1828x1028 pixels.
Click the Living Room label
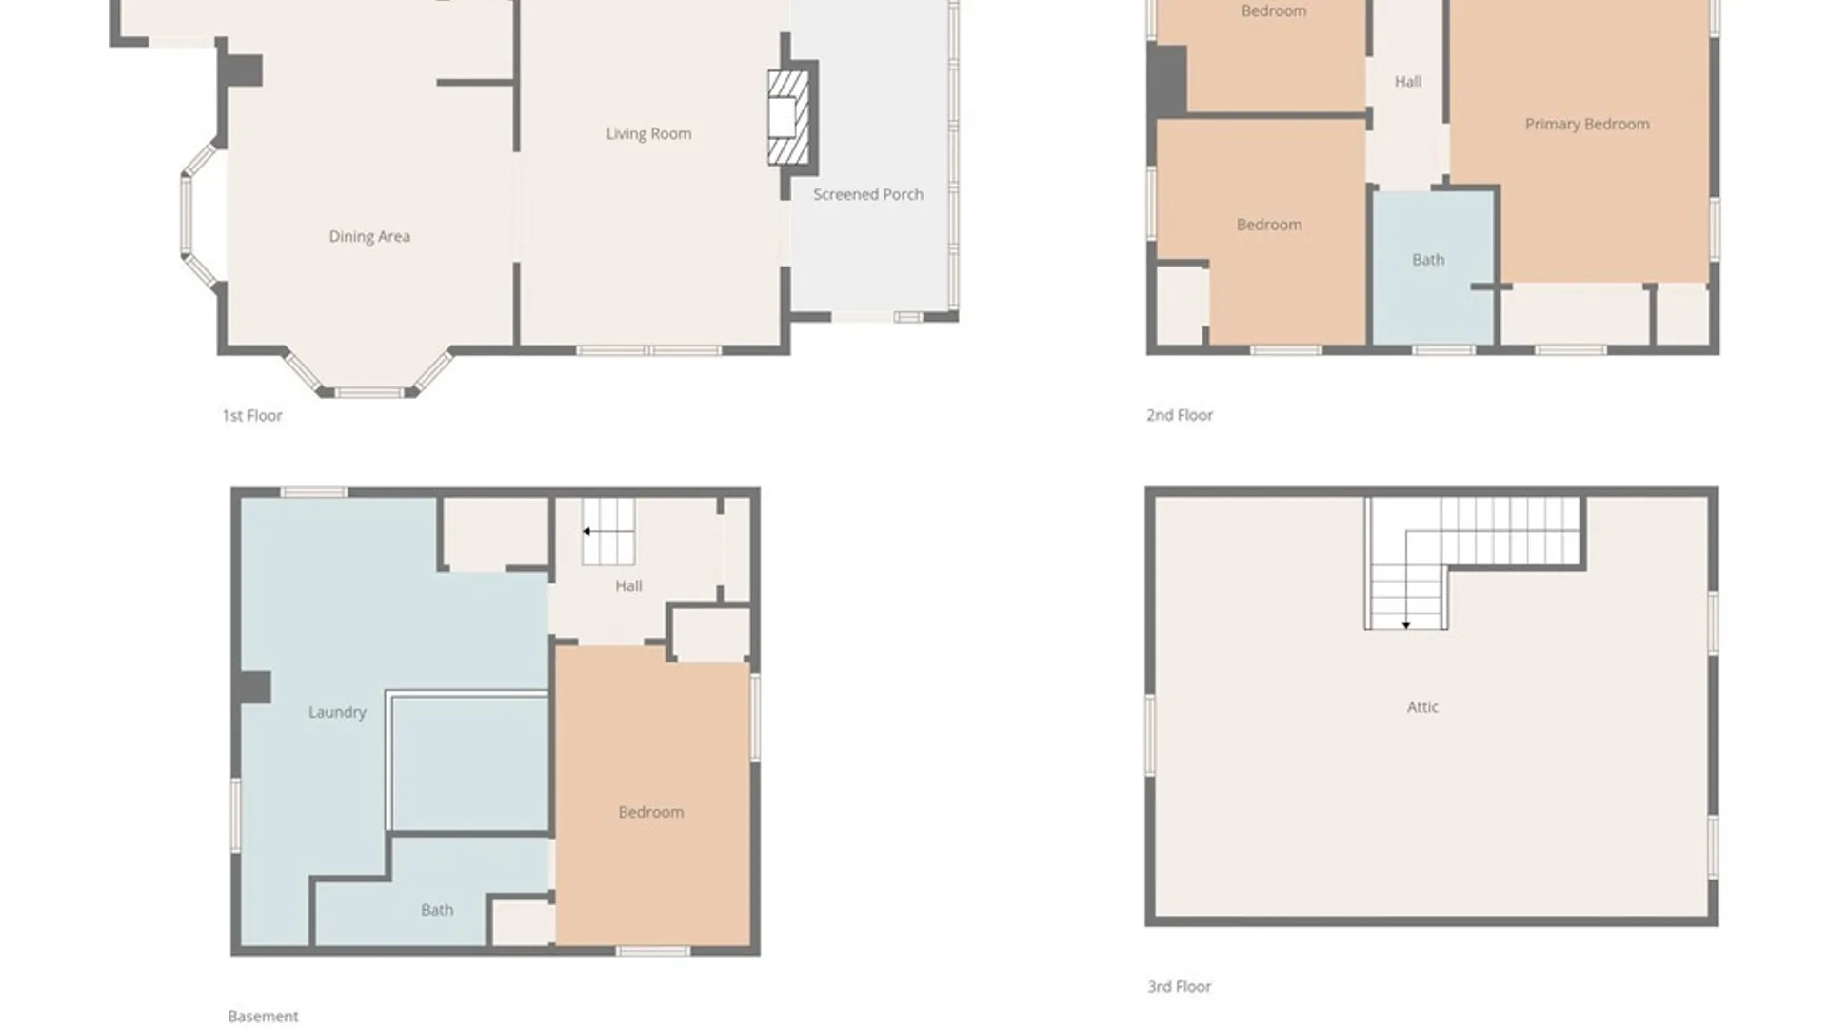(648, 134)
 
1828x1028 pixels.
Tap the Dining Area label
(369, 237)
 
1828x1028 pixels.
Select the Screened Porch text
(868, 194)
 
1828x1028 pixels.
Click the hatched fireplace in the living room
(788, 117)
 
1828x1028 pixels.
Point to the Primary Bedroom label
(1587, 125)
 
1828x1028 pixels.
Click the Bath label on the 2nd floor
(1428, 260)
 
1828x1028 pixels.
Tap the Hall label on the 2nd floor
(1408, 82)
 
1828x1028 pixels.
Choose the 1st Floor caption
(252, 415)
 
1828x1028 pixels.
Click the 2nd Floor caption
(1180, 415)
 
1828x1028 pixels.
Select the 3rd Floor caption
(1180, 987)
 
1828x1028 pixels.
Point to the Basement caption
(263, 1017)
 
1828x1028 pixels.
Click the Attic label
(1422, 707)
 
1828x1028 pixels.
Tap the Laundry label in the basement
(337, 712)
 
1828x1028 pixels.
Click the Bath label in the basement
(437, 910)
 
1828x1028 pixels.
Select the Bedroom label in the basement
(651, 812)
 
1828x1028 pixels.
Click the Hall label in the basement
(628, 586)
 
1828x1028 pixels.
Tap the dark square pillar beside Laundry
(255, 687)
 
